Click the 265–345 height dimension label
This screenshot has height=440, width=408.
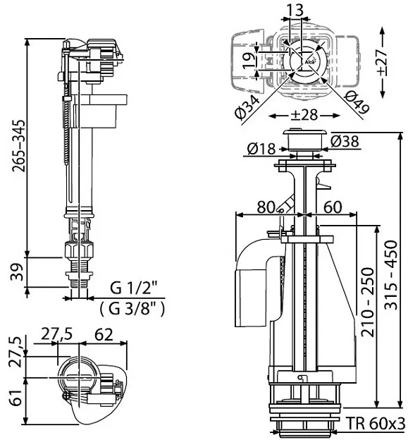(19, 146)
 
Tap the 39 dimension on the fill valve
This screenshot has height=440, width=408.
(18, 272)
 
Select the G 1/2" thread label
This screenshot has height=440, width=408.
(133, 288)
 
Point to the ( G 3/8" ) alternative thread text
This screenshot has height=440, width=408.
(132, 309)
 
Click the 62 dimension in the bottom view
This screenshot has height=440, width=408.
(104, 334)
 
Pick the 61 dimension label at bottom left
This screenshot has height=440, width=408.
(17, 398)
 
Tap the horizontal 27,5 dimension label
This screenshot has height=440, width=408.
(57, 334)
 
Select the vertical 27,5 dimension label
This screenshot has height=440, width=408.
(17, 352)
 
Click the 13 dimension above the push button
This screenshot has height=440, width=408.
(295, 10)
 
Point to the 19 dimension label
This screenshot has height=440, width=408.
(249, 61)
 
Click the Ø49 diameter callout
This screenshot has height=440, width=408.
(357, 102)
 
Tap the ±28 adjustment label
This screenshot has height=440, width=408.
(304, 115)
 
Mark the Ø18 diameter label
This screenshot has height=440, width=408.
(261, 148)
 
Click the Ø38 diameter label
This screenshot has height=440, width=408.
(345, 141)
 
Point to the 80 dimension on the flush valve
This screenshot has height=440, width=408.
(266, 207)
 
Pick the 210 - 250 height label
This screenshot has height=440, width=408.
(368, 302)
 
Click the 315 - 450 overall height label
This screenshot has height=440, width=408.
(390, 274)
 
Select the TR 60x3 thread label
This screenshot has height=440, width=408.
(376, 423)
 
